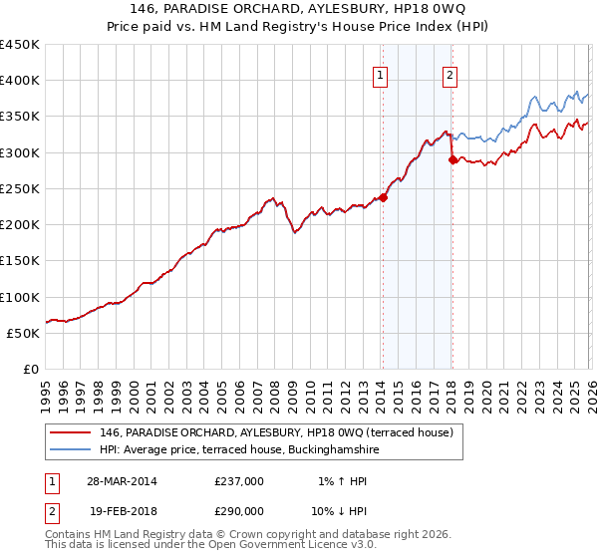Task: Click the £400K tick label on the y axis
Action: coord(20,81)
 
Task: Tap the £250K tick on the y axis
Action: coord(20,188)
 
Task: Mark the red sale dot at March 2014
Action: coord(383,197)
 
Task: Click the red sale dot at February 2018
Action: coord(452,159)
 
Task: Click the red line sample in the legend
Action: coord(72,432)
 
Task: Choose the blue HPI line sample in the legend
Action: coord(72,449)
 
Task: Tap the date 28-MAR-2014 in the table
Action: coord(122,480)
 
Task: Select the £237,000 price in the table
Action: coord(238,480)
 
